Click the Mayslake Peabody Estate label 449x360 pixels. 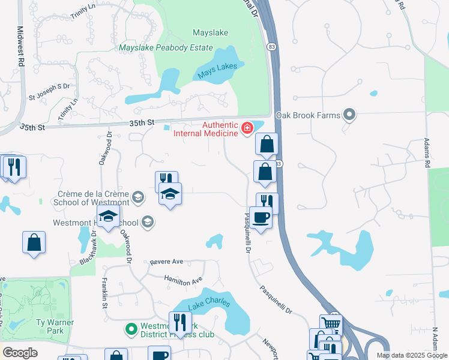tap(166, 47)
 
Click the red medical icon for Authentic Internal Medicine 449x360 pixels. tap(246, 128)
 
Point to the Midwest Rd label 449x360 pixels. tap(22, 46)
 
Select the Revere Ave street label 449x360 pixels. tap(167, 262)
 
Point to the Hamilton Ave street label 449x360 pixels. tap(184, 281)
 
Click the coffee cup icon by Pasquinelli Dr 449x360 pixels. tap(261, 217)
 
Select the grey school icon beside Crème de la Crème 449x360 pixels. tap(137, 197)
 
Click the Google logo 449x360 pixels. tap(20, 353)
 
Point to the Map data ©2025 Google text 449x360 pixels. tap(412, 355)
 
